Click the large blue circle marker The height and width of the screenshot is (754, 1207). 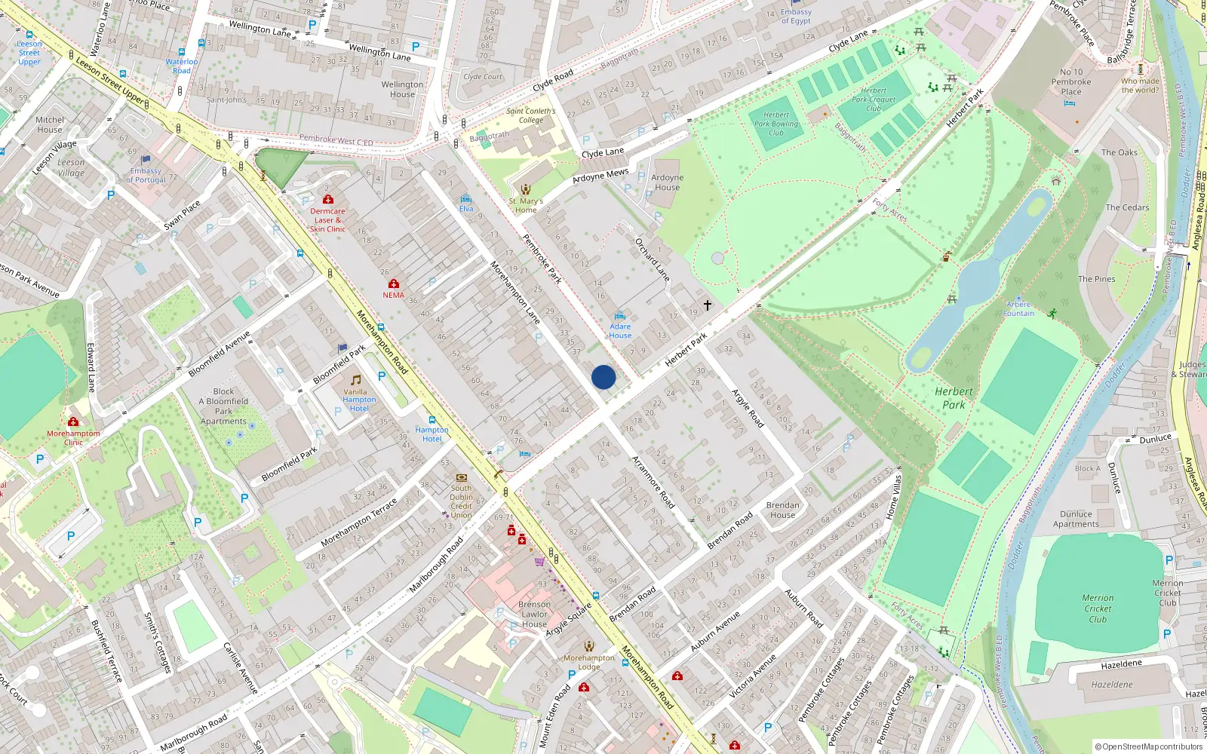click(x=603, y=377)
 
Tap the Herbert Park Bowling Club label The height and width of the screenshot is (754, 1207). click(x=775, y=124)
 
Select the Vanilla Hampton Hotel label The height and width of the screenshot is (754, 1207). click(x=359, y=400)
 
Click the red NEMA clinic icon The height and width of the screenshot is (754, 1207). click(x=393, y=284)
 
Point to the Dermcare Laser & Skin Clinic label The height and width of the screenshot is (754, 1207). click(x=327, y=220)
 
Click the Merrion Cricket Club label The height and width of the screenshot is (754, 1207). click(x=1098, y=608)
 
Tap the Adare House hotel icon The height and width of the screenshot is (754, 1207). click(x=620, y=317)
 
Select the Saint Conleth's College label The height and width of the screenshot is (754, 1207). click(x=530, y=115)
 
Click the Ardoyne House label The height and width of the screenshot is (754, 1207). click(x=667, y=182)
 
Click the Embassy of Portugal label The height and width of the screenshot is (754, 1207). click(x=146, y=175)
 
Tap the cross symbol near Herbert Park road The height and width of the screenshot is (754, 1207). click(x=708, y=305)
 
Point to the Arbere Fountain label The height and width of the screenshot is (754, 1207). click(x=1018, y=309)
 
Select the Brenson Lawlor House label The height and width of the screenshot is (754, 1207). click(x=534, y=615)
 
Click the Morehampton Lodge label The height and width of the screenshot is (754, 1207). click(x=589, y=662)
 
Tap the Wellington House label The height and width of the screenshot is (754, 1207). click(x=402, y=89)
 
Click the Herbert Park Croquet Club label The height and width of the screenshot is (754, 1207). click(x=874, y=100)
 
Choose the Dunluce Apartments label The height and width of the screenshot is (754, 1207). click(x=1076, y=519)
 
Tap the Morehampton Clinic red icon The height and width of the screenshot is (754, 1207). click(x=73, y=421)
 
